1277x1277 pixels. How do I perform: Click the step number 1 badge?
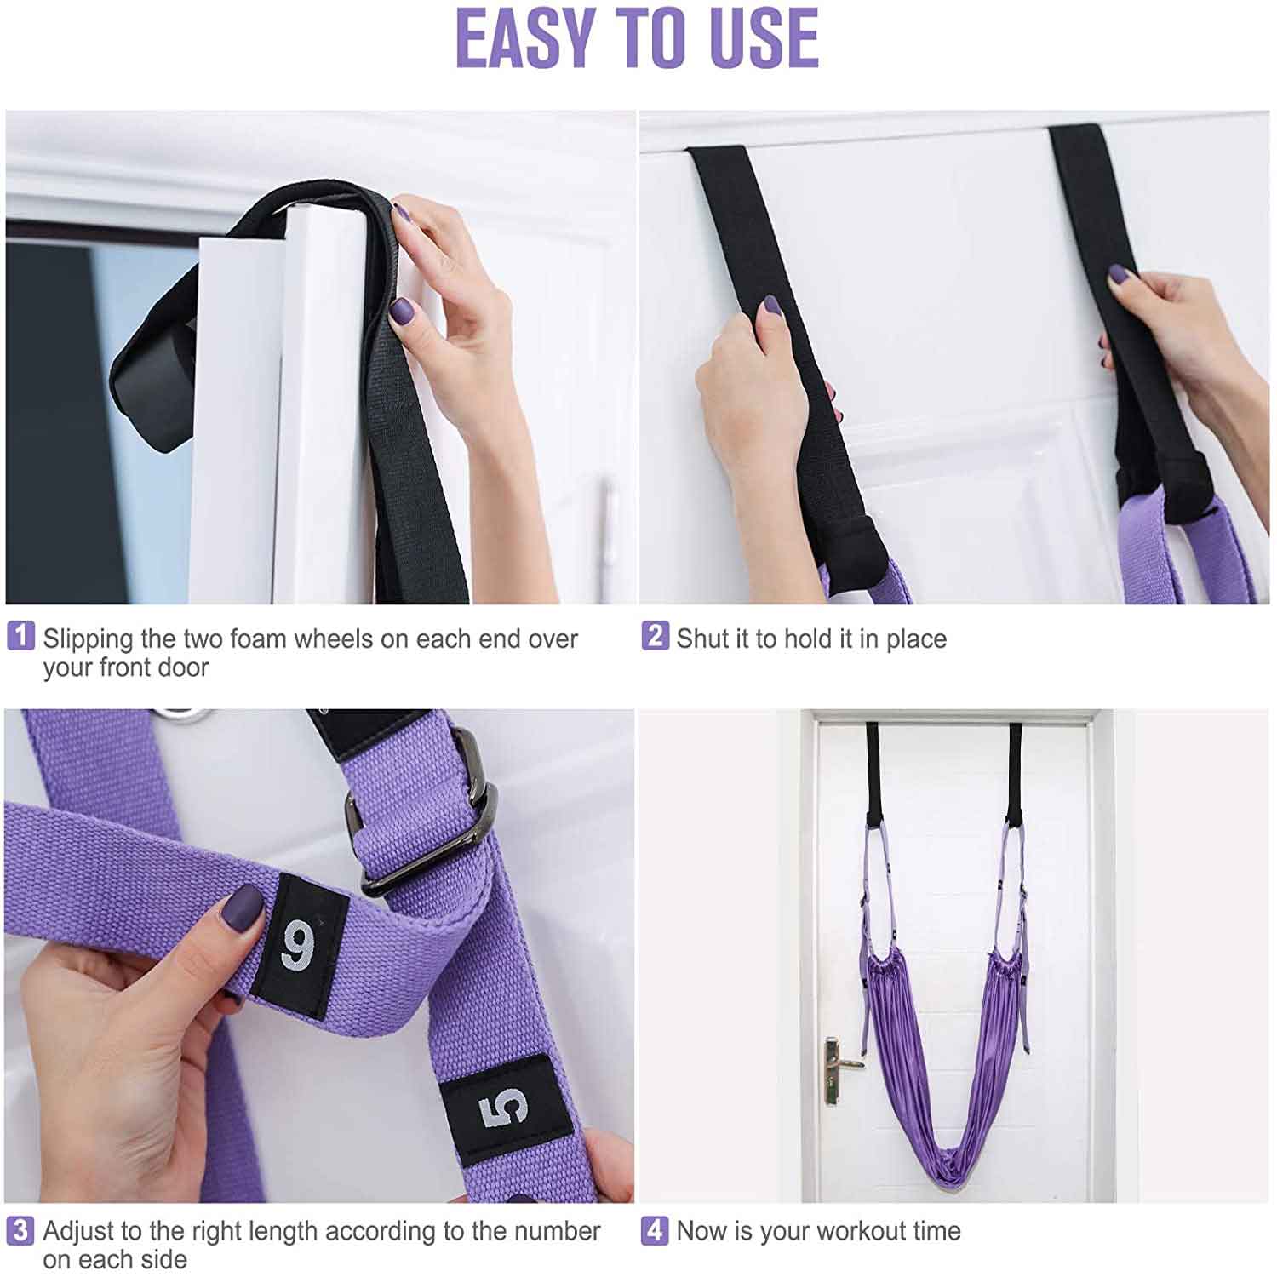click(21, 636)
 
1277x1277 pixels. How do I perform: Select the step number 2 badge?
click(654, 636)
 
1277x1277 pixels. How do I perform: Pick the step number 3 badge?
click(21, 1230)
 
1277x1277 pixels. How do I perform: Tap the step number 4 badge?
click(654, 1230)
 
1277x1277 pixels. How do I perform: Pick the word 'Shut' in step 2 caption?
click(703, 638)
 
